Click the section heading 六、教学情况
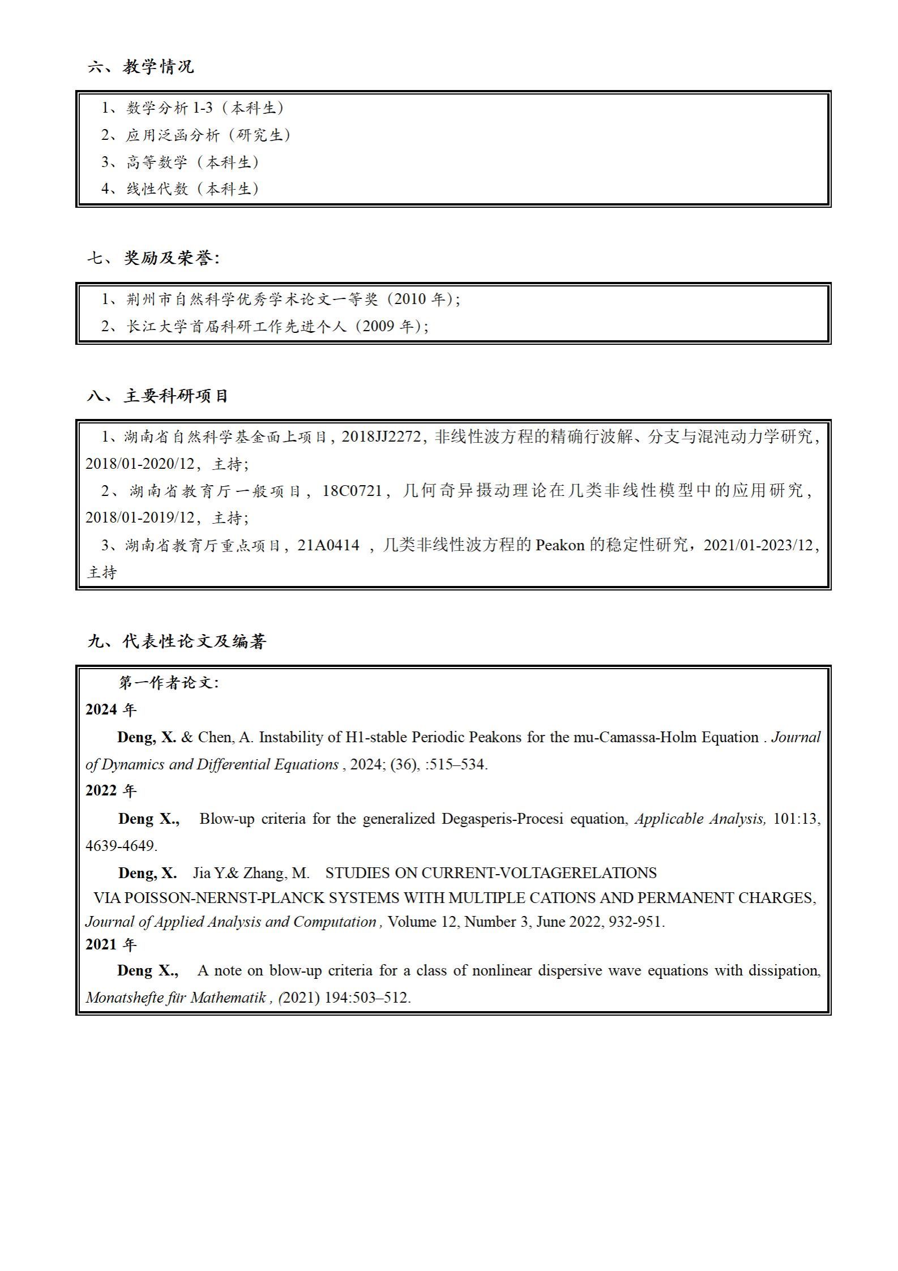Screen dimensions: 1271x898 coord(140,67)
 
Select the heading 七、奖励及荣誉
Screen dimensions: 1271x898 coord(153,258)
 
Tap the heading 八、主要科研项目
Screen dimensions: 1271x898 coord(157,396)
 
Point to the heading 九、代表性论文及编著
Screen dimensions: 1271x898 coord(177,641)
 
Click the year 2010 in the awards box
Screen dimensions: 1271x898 coord(409,299)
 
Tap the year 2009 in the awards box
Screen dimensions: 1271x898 coord(378,326)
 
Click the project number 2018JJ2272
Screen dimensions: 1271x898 coord(382,436)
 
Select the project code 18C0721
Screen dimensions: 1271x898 coord(352,490)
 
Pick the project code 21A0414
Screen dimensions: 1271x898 coord(328,545)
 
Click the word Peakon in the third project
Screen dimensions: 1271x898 coord(559,545)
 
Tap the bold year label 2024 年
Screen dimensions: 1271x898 coord(111,710)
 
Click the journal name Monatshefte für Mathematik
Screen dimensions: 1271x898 coord(176,998)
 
